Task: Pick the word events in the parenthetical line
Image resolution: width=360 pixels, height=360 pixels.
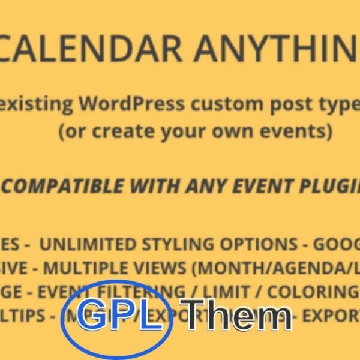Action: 304,131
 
